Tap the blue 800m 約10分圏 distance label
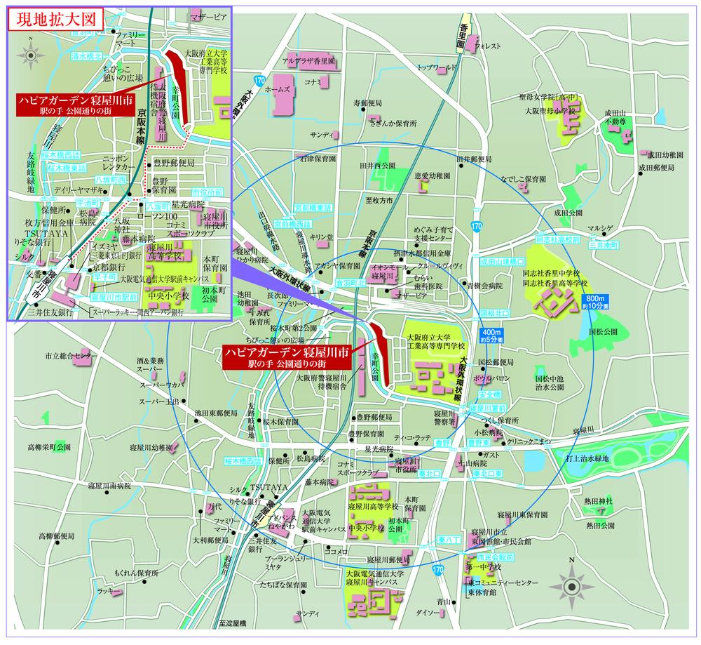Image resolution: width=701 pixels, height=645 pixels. tap(597, 304)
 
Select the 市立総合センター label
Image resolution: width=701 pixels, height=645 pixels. tap(68, 357)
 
